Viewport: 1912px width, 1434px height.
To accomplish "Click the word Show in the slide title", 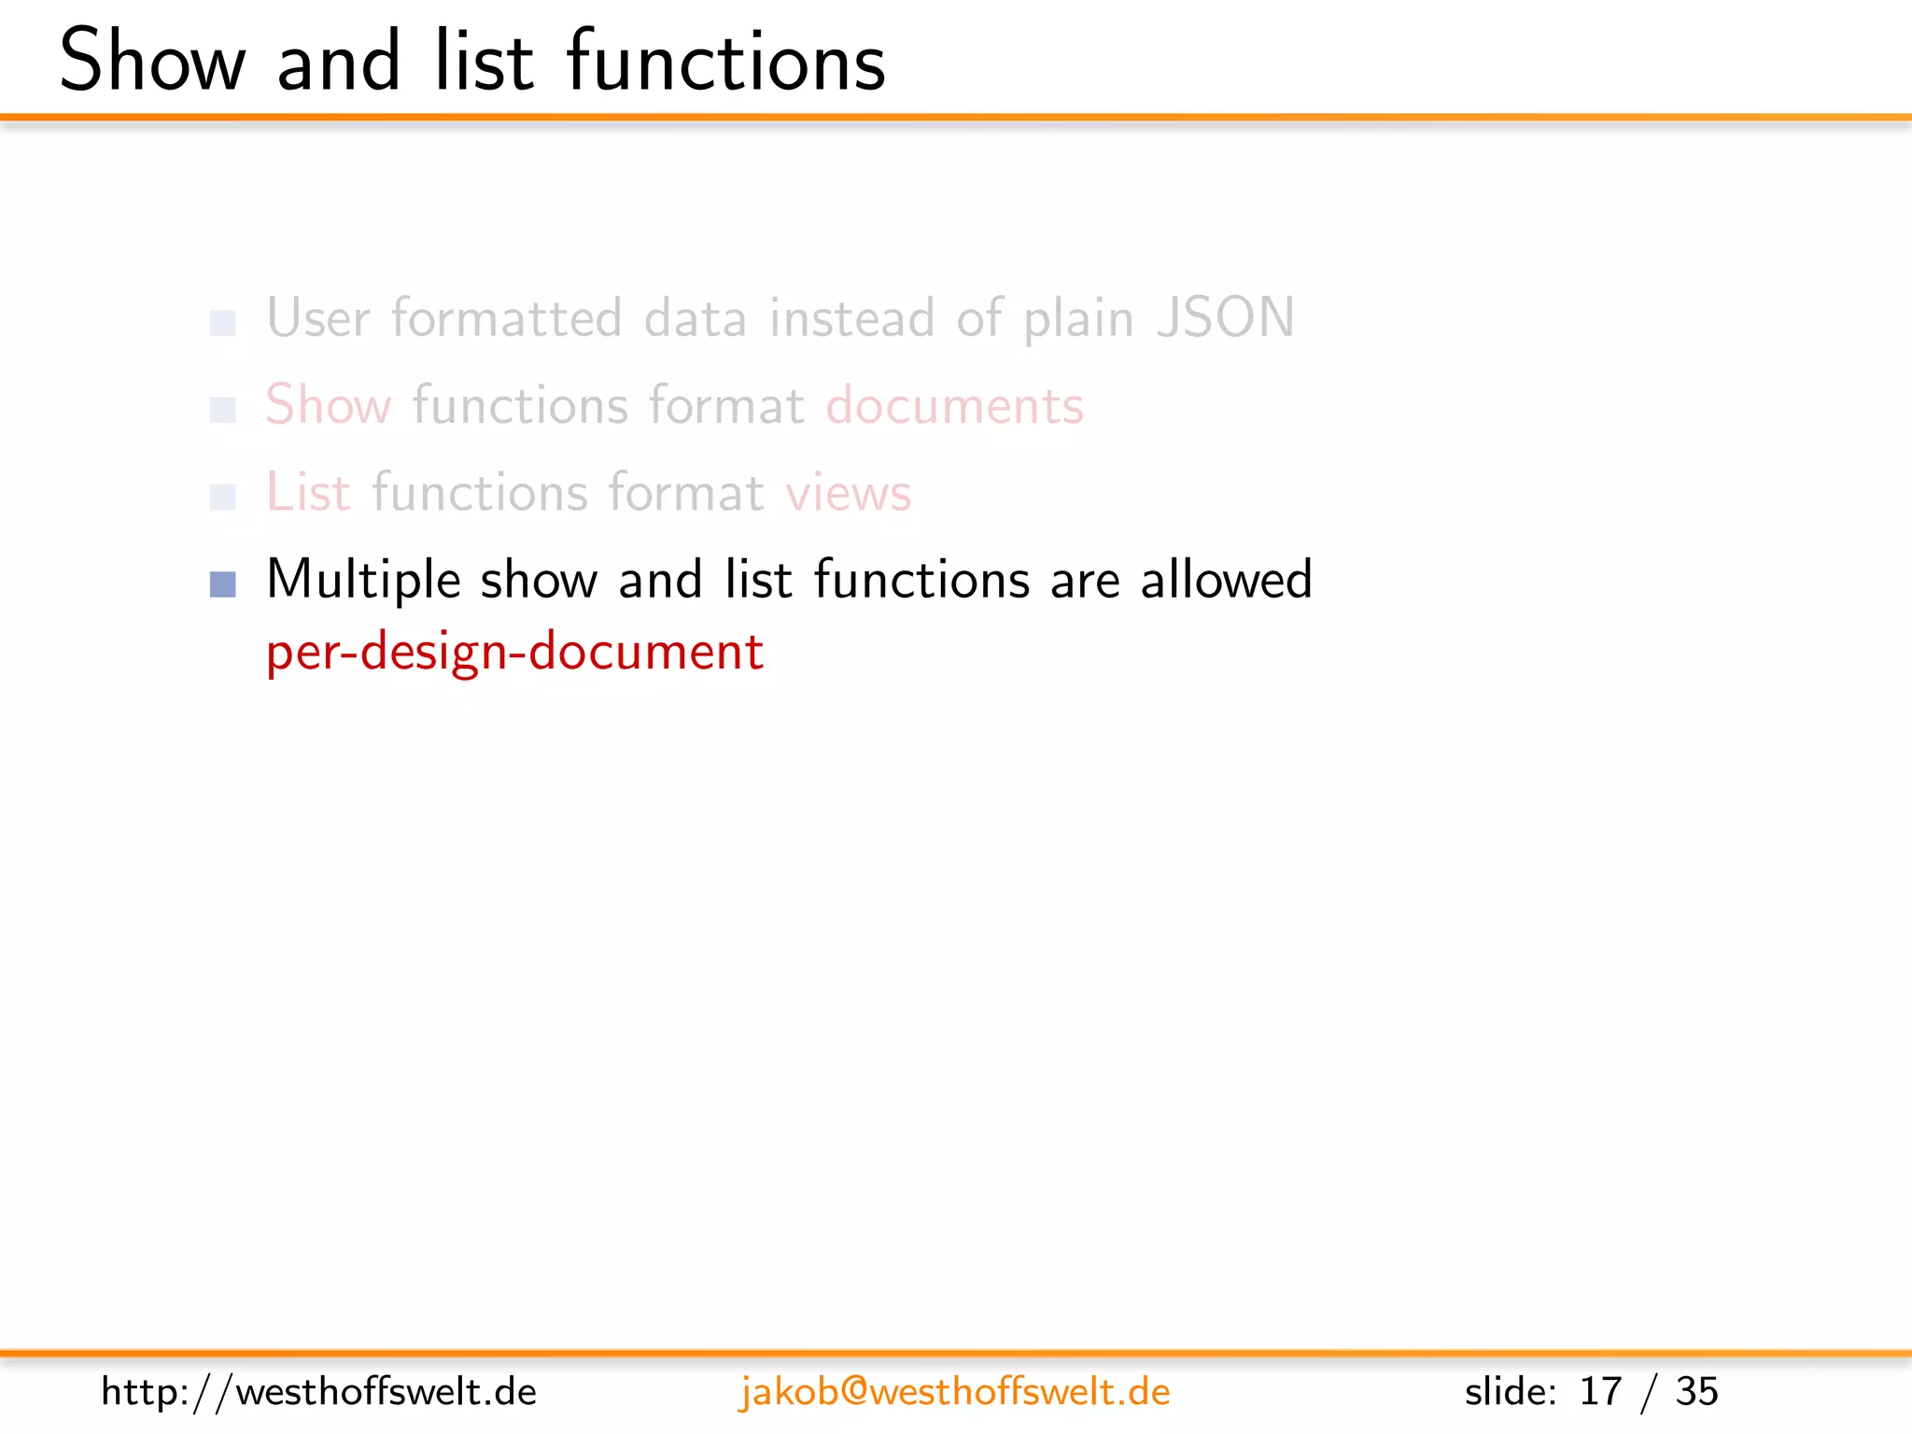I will point(152,62).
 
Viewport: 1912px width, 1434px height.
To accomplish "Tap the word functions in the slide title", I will point(725,62).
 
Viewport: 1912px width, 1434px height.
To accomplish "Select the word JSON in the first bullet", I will point(1225,317).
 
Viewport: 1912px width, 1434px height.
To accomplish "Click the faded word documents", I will point(954,406).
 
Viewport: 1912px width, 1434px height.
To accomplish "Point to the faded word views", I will point(848,493).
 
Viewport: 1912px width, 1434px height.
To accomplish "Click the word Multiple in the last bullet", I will point(363,580).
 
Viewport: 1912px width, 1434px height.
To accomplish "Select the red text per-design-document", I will point(514,651).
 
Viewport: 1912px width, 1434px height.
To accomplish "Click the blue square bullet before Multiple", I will point(223,584).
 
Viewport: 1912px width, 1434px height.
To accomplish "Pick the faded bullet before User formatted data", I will point(223,323).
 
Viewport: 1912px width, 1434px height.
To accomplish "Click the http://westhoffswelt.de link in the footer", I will point(318,1392).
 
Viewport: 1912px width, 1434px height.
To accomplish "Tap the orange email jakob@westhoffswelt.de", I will point(954,1392).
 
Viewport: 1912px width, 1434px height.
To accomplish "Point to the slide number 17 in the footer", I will point(1599,1392).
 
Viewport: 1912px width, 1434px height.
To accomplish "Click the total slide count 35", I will point(1696,1392).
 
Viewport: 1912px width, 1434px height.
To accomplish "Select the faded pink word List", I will point(308,492).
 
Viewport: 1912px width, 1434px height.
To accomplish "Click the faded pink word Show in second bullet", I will point(328,406).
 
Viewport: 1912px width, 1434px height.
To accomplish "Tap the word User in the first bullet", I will point(318,318).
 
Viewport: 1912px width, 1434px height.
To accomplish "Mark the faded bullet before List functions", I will point(223,497).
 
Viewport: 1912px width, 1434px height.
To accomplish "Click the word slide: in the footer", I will point(1510,1392).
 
